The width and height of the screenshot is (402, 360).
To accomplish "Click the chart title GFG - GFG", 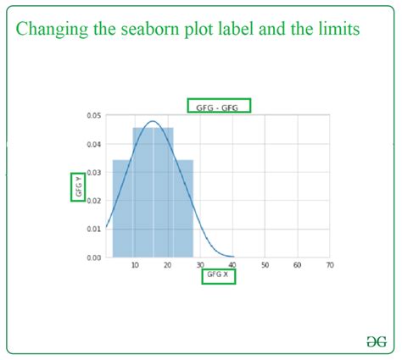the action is pos(217,108).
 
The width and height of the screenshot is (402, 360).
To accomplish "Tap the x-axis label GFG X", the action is pos(217,274).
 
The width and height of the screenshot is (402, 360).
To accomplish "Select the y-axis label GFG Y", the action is pos(79,186).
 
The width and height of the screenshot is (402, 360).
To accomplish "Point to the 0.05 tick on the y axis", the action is pos(94,115).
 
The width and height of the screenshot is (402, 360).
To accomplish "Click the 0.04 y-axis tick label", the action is pos(94,144).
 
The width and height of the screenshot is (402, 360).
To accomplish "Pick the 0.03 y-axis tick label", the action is pos(94,172).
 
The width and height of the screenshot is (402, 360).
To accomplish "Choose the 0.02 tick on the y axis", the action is pos(94,201).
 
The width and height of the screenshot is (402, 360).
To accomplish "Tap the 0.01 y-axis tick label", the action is pos(94,229).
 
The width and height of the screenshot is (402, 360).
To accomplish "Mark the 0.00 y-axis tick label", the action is pos(94,258).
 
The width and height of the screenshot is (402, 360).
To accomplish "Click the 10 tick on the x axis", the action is pos(135,265).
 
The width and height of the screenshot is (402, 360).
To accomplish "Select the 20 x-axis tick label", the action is pos(168,265).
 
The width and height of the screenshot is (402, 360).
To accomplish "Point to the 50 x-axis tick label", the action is pos(265,265).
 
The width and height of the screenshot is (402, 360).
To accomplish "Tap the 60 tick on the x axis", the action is pos(298,265).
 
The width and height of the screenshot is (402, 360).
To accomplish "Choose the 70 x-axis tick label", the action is pos(330,265).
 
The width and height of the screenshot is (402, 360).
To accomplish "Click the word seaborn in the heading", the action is pos(150,29).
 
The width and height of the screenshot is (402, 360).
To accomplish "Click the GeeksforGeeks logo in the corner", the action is pos(377,341).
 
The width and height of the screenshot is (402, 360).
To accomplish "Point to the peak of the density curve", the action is pos(153,121).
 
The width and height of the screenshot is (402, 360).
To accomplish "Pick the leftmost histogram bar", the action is pos(123,208).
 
